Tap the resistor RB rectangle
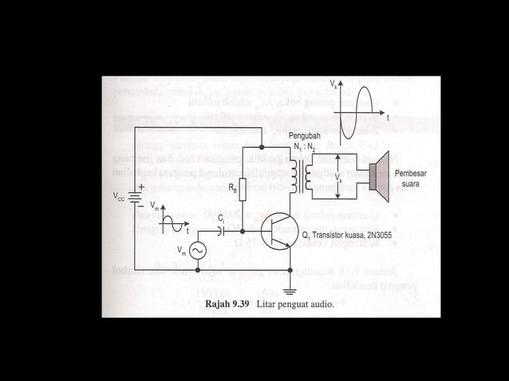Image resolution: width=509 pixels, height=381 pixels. coord(243,190)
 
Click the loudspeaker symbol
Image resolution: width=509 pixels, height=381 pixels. coord(377,172)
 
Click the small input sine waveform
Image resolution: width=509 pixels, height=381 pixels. coord(174,225)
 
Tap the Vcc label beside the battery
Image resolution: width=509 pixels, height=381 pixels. coord(118,196)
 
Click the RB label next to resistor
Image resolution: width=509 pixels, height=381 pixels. coord(231,189)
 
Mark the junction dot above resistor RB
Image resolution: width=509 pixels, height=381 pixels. coord(262,147)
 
